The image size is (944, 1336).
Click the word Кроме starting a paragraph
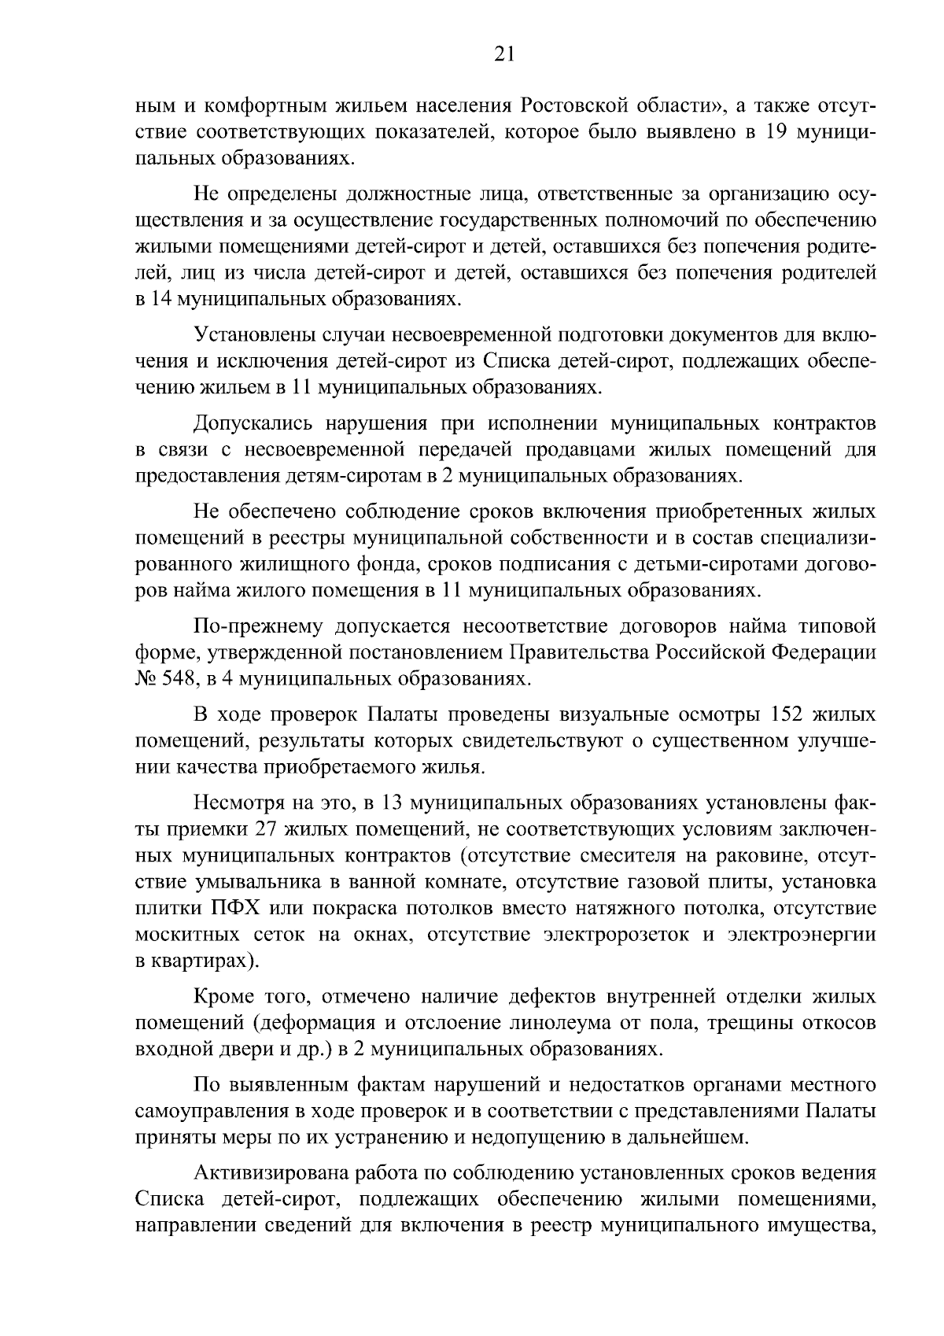click(x=221, y=998)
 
